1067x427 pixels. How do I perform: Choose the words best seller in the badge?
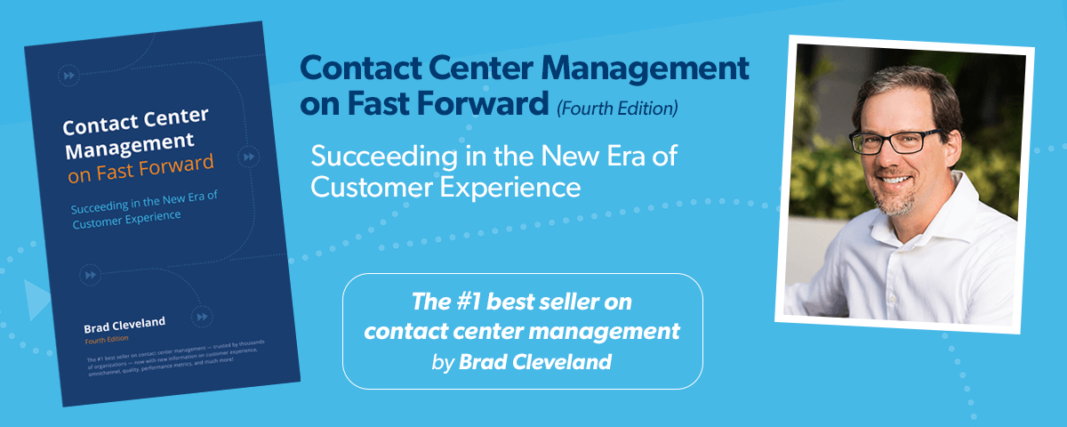coord(544,303)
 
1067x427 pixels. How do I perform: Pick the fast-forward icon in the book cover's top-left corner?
coord(68,75)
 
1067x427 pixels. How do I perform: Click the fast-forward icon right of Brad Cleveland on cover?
coord(203,316)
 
